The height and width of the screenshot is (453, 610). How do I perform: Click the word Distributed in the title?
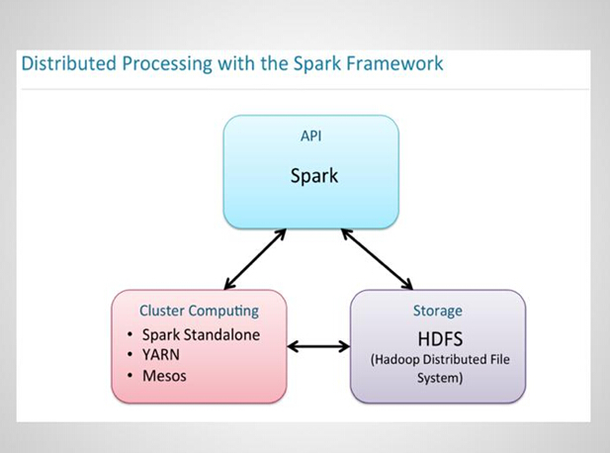69,63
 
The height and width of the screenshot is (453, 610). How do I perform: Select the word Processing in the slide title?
167,64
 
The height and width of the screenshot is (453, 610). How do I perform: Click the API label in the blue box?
310,136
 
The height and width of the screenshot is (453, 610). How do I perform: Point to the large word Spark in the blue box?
314,176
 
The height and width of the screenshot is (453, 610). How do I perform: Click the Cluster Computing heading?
199,311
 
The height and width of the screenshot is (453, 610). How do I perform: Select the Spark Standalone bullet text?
201,335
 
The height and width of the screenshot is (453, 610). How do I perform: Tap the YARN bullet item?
161,355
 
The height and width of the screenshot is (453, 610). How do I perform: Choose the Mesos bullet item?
164,376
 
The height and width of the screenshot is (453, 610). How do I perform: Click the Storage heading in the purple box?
438,311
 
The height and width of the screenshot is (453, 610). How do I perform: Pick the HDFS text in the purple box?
440,339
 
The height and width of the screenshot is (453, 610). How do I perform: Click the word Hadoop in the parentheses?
394,360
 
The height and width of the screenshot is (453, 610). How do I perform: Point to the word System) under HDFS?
440,378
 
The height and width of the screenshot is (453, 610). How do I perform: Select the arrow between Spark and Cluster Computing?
255,259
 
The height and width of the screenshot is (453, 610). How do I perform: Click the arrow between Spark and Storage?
377,259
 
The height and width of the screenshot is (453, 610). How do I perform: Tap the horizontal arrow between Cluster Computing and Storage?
318,346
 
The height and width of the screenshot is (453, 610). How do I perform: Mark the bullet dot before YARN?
130,354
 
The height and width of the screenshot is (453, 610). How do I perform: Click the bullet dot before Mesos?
130,376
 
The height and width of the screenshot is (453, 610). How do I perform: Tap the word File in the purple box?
500,359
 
